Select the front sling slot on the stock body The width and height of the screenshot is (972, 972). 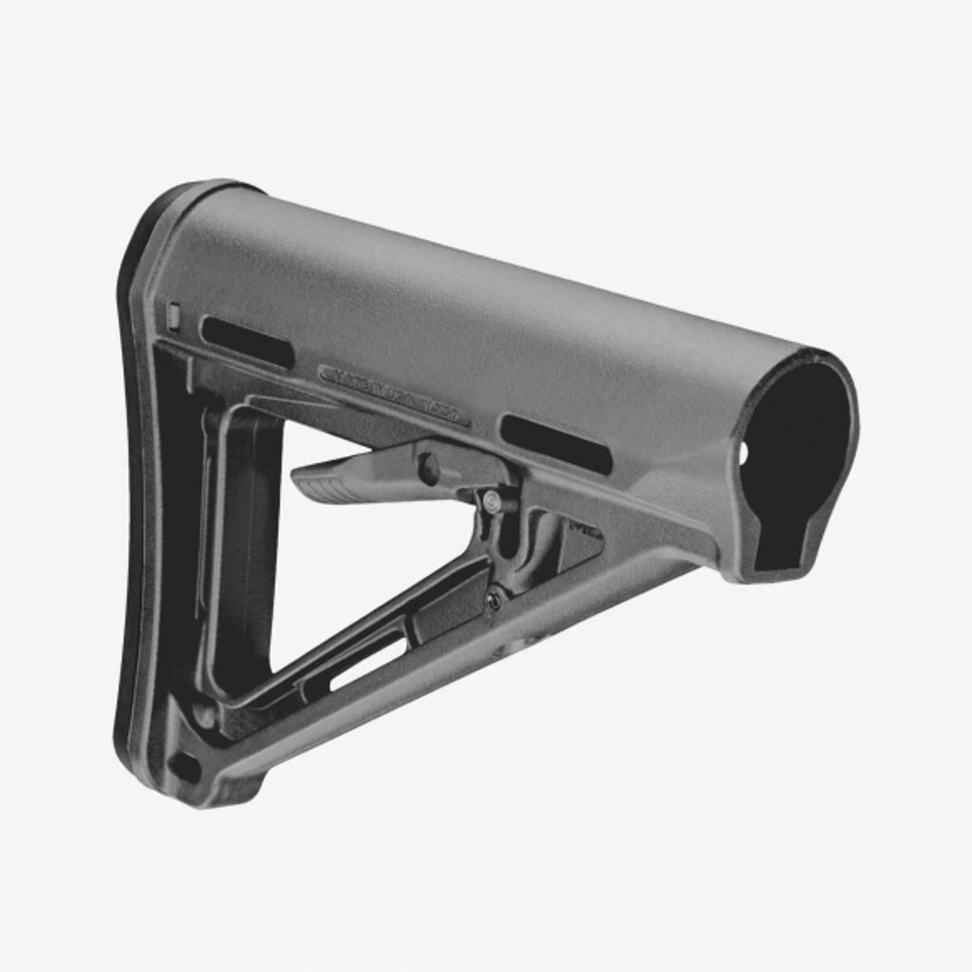pyautogui.click(x=556, y=442)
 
